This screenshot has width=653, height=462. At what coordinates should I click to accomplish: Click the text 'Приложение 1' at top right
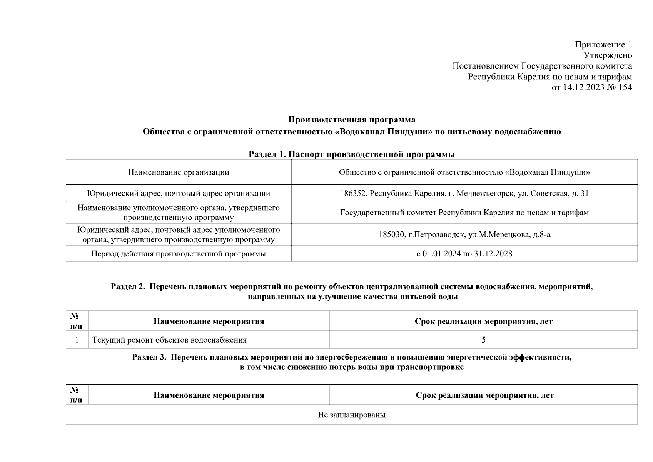coord(603,44)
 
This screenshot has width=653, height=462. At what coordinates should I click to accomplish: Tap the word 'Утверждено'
coord(608,55)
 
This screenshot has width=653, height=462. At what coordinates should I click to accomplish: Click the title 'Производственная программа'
coord(351,119)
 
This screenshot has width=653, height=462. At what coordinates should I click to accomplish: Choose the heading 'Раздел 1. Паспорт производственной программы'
coord(351,154)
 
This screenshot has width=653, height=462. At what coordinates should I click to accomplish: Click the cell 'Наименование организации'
coord(178,172)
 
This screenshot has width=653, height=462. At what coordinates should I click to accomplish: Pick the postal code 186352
coord(353,193)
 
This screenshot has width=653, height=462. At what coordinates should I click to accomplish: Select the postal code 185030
coord(391,234)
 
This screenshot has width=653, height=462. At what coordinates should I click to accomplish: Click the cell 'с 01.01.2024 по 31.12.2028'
coord(464,254)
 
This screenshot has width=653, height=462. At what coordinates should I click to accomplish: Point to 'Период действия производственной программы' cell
coord(178,254)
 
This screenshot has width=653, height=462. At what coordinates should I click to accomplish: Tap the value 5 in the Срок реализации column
coord(483,340)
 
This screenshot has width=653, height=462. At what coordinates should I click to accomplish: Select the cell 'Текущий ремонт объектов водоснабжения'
coord(169,340)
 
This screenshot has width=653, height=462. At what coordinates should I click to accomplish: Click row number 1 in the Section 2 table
coord(77,340)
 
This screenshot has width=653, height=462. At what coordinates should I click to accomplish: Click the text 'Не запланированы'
coord(351,415)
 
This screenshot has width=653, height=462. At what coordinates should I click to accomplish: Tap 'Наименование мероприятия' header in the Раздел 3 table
coord(209,395)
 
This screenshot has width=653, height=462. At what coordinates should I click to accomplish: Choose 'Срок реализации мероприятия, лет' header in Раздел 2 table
coord(483,321)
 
